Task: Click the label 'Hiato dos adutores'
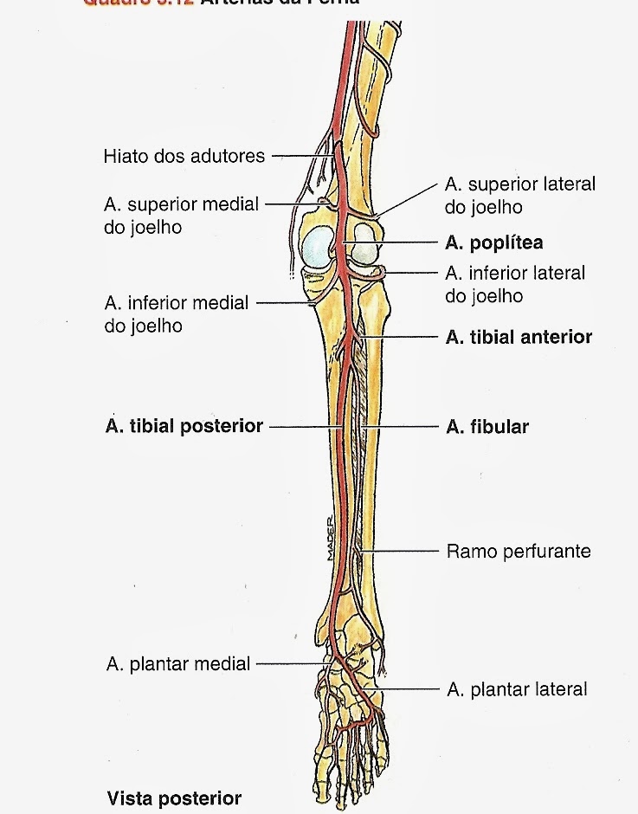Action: tap(184, 157)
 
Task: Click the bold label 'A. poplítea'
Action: tap(493, 242)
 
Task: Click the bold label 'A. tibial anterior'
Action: tap(518, 337)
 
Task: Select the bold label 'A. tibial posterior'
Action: tap(183, 426)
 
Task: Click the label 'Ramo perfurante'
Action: tap(518, 551)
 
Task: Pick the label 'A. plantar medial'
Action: tap(177, 664)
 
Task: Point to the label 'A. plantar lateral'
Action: tap(516, 689)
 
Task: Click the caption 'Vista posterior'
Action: tap(174, 798)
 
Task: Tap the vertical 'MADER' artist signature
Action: tap(330, 536)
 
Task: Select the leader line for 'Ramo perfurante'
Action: tap(403, 551)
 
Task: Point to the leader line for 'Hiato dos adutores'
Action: tap(299, 157)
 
